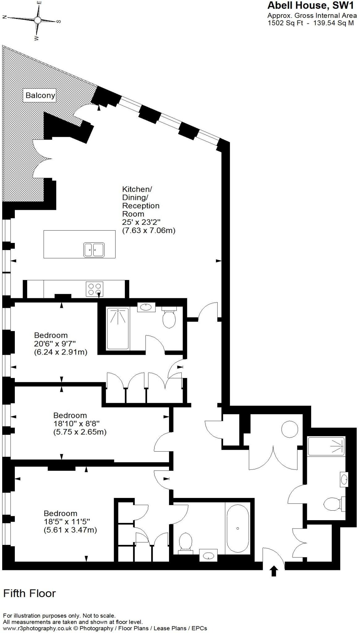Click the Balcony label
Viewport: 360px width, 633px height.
(x=40, y=95)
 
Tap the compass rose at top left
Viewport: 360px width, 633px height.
(x=37, y=20)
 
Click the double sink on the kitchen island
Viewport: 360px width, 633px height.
(x=94, y=249)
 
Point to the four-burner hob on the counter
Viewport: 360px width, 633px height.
(x=95, y=289)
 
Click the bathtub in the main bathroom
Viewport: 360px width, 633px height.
(x=238, y=528)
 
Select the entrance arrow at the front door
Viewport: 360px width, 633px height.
(x=273, y=571)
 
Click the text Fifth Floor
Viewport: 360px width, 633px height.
(x=29, y=593)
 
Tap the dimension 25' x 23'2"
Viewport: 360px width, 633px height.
(x=142, y=222)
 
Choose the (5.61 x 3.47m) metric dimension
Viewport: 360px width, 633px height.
(x=70, y=530)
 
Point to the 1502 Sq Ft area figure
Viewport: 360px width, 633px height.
(x=285, y=23)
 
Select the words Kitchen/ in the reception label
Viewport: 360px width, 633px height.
(x=137, y=189)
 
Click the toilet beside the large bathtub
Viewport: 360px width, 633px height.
(x=186, y=541)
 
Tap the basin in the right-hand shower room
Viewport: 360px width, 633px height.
(x=344, y=479)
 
